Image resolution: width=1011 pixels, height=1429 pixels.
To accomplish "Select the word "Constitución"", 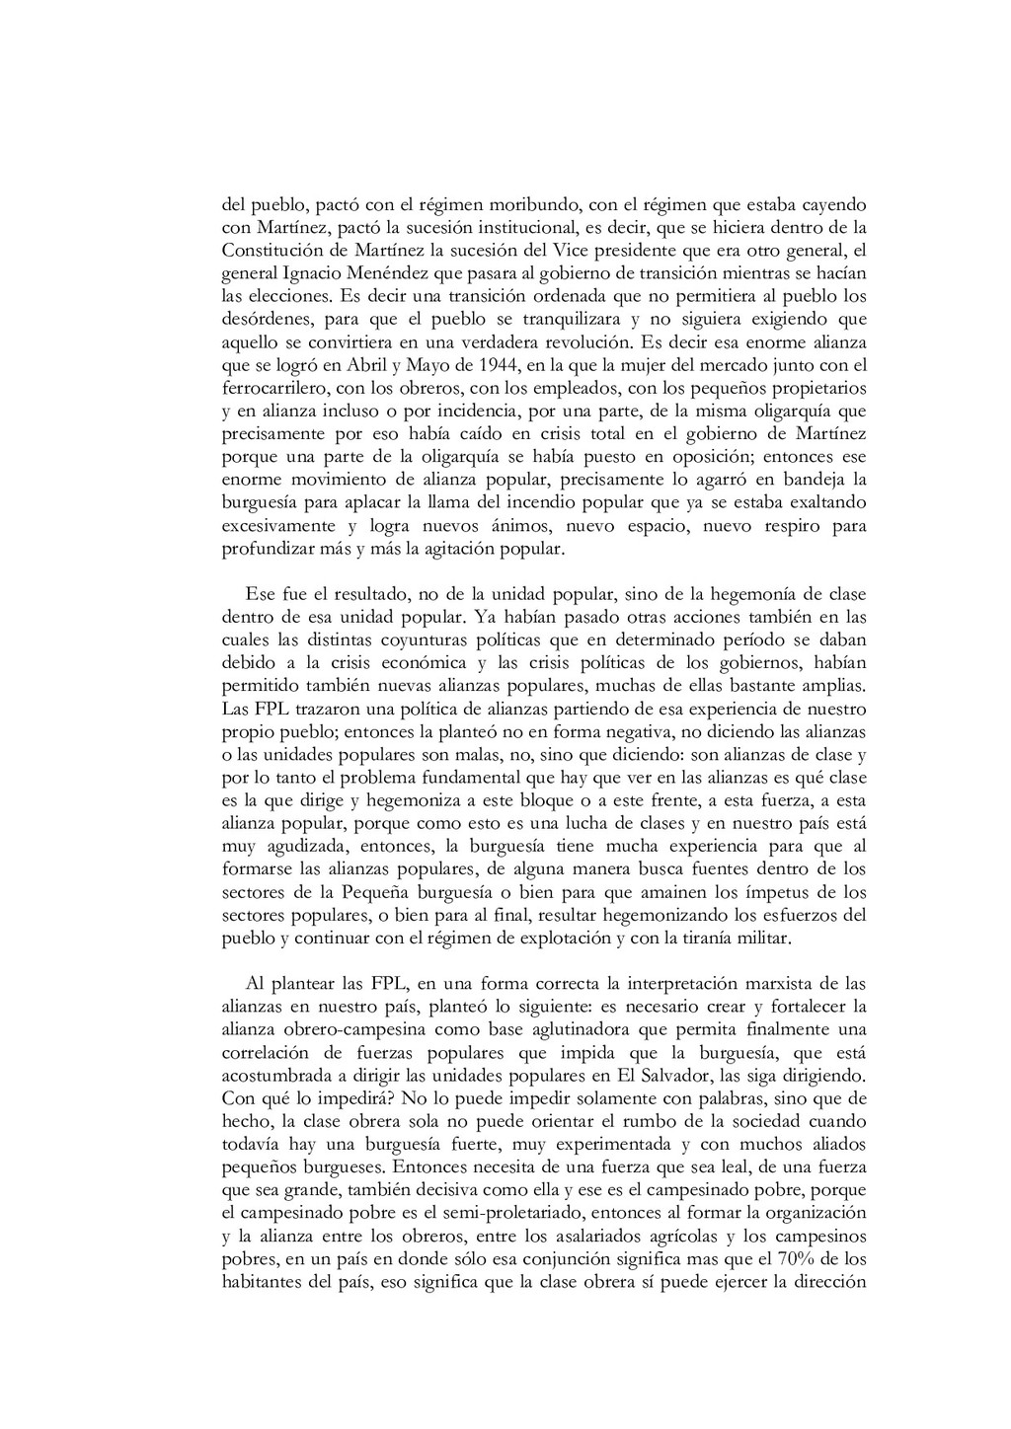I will pos(268,249).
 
